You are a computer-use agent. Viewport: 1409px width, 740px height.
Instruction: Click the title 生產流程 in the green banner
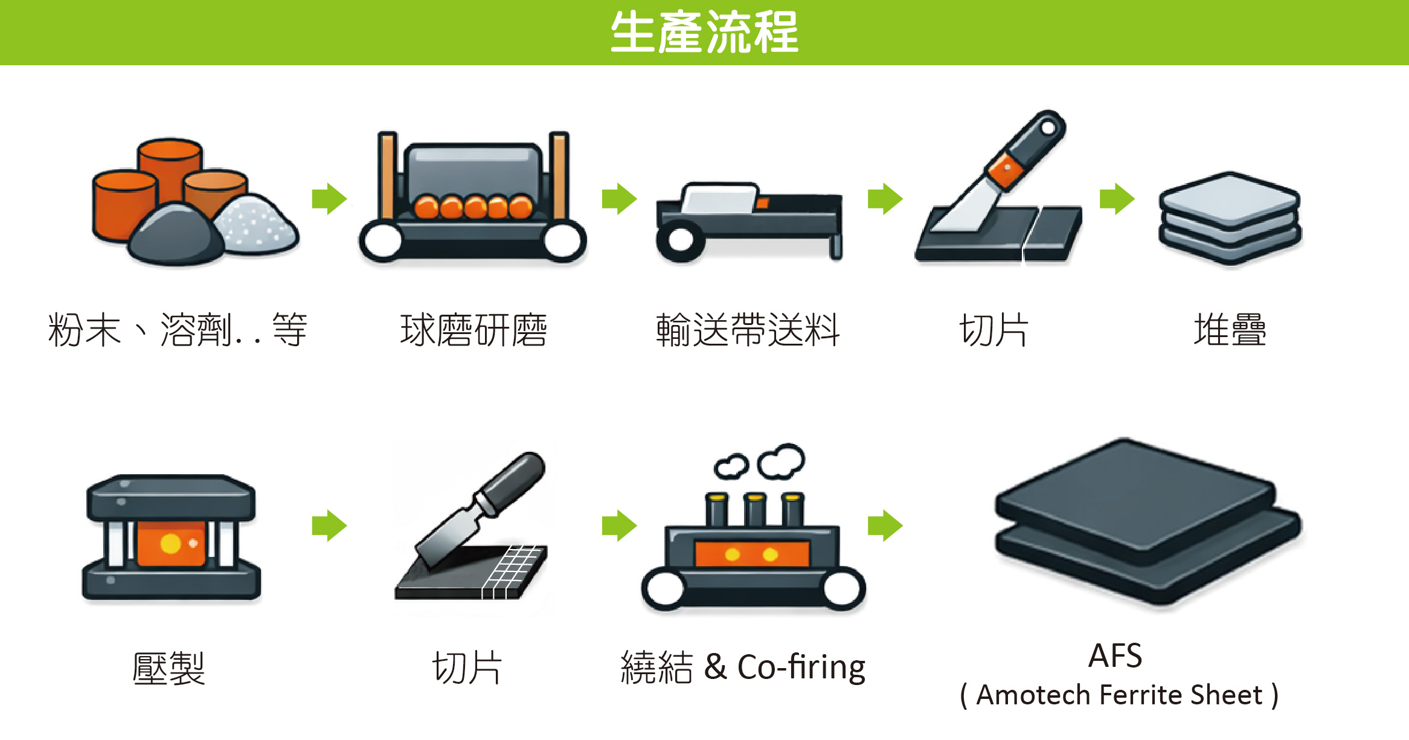[x=704, y=32]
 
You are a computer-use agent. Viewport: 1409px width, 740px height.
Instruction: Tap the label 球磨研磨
[x=473, y=330]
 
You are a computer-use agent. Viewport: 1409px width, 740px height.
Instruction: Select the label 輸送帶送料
[x=748, y=330]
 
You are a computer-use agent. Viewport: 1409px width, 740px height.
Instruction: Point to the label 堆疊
[x=1230, y=330]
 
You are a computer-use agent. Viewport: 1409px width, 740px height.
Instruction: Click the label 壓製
[x=169, y=668]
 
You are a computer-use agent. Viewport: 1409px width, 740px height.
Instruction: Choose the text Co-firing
[x=801, y=668]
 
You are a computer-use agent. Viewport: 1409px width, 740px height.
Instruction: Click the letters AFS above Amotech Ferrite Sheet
[x=1115, y=655]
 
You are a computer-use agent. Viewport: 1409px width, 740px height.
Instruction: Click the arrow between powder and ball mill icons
[x=329, y=199]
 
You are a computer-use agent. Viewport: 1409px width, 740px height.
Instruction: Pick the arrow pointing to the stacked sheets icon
[x=1117, y=199]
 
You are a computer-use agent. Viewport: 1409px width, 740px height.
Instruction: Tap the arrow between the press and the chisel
[x=329, y=526]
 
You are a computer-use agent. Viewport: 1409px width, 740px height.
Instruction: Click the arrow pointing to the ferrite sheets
[x=885, y=526]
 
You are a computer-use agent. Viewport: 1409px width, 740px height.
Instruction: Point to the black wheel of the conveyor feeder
[x=680, y=240]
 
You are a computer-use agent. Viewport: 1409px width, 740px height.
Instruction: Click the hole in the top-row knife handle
[x=1048, y=127]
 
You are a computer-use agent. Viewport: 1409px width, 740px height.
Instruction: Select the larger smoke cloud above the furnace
[x=782, y=461]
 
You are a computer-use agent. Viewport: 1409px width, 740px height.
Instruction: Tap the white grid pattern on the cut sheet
[x=513, y=571]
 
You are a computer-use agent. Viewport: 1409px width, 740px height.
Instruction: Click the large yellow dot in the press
[x=171, y=544]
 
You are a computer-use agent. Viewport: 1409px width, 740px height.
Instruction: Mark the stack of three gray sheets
[x=1230, y=218]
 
